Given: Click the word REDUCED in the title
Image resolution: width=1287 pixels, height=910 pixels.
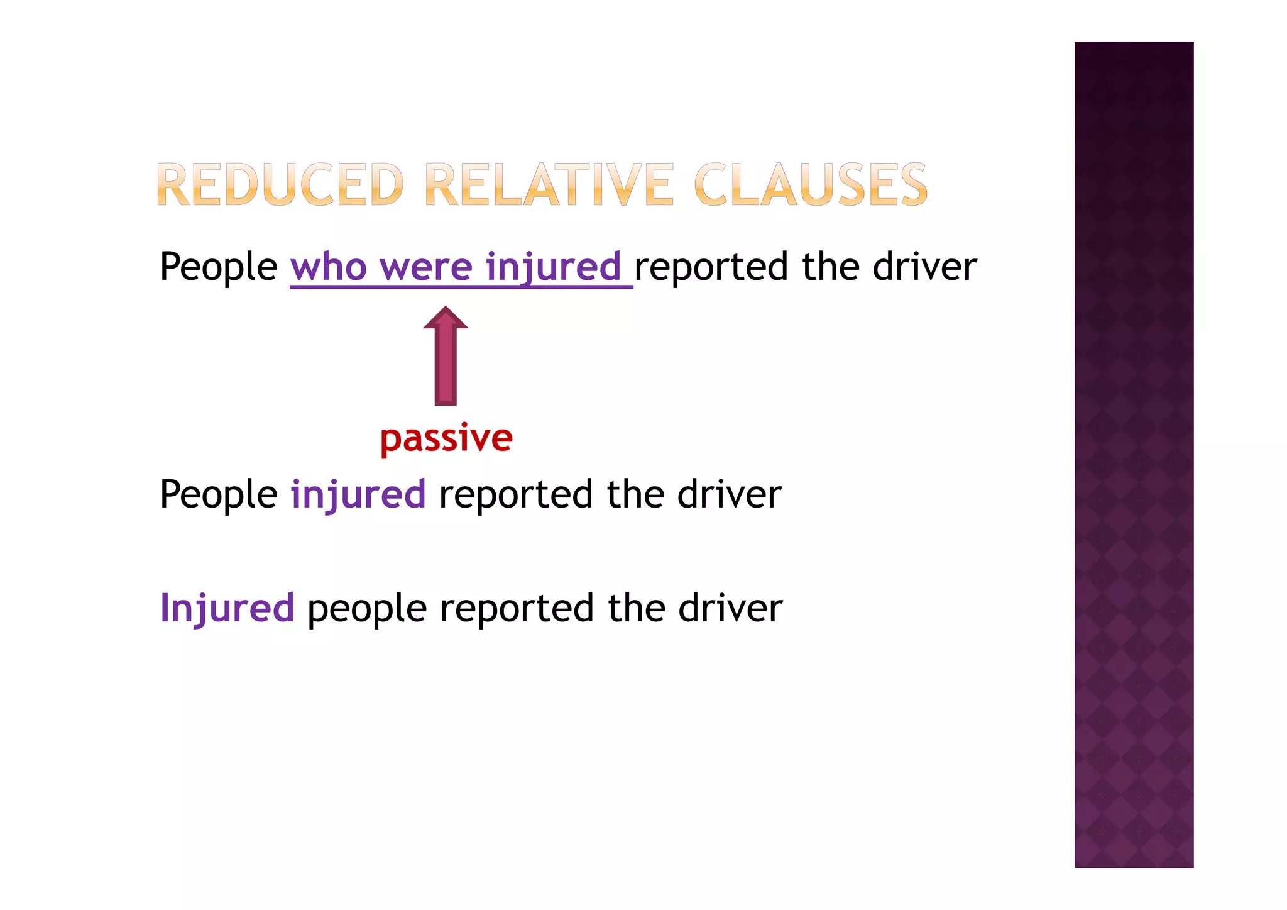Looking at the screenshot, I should pos(279,184).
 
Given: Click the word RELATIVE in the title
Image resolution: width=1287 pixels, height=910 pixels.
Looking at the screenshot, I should pos(549,184).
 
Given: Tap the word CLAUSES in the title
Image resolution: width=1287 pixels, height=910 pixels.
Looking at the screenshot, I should pos(810,184).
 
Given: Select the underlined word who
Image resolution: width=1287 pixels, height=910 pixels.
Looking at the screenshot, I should pos(328,267).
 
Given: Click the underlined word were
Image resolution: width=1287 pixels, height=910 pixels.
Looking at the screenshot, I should pos(425,267).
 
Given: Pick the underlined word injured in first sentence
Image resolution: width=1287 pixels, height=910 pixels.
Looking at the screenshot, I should pos(553,267).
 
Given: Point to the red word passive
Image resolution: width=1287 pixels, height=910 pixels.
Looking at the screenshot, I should pos(446,438).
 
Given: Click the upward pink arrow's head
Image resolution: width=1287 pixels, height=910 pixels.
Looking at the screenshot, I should pos(446,319).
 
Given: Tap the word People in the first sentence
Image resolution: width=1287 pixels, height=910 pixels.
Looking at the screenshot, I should pos(218,267).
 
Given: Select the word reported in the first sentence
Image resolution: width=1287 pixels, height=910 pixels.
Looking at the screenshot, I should pos(711,267).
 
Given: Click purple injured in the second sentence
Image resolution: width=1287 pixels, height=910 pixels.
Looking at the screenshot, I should pos(358,494).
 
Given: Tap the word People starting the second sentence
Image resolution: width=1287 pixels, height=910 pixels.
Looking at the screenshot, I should pos(218,494).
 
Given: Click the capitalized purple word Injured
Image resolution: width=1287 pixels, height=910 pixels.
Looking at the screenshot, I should pos(227,608).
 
